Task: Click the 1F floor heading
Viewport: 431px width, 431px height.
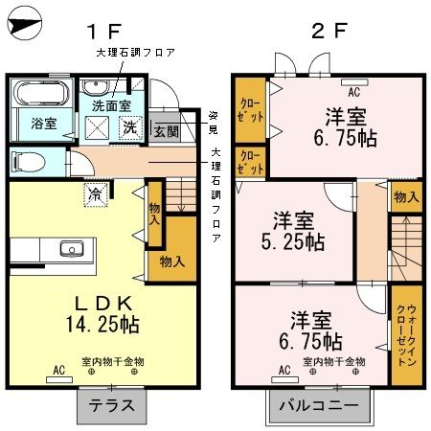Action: pos(108,30)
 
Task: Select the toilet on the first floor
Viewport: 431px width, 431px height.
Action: pos(26,160)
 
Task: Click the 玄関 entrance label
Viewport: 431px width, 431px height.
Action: pos(166,131)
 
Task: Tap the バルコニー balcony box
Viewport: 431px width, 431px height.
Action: pos(319,406)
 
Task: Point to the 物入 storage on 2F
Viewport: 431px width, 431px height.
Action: pos(405,197)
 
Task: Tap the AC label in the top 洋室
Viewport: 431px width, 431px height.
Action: pos(353,93)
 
